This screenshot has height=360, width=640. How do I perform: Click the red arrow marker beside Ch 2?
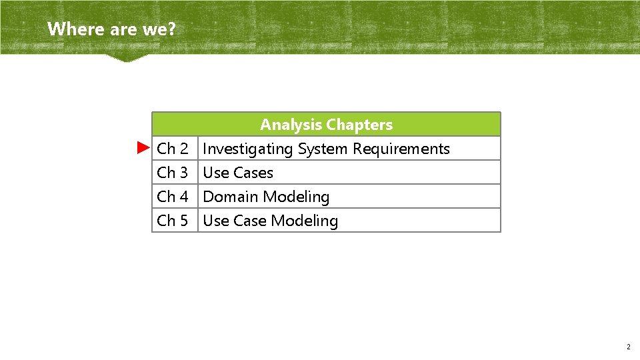point(143,147)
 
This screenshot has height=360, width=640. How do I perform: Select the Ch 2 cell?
point(173,149)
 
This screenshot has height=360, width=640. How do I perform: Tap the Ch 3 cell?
point(173,173)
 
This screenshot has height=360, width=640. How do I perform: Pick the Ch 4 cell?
point(173,197)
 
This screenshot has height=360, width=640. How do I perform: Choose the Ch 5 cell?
point(173,221)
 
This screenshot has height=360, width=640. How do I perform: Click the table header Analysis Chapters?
point(326,125)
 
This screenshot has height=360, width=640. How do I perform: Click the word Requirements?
point(401,149)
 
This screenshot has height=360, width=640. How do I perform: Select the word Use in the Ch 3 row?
point(215,173)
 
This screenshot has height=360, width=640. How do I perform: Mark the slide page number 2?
point(628,347)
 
